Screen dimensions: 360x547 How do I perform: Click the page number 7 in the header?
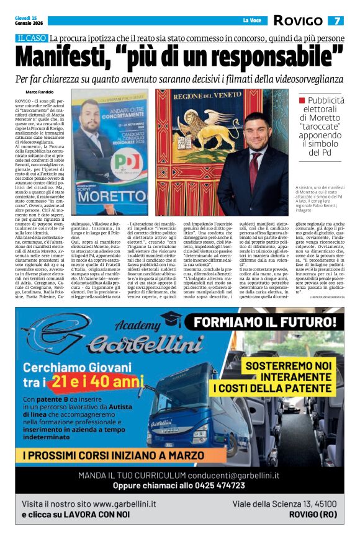click(338, 20)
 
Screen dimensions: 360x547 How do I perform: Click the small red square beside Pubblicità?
click(302, 99)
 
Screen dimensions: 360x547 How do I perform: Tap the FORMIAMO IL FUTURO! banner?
click(261, 322)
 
